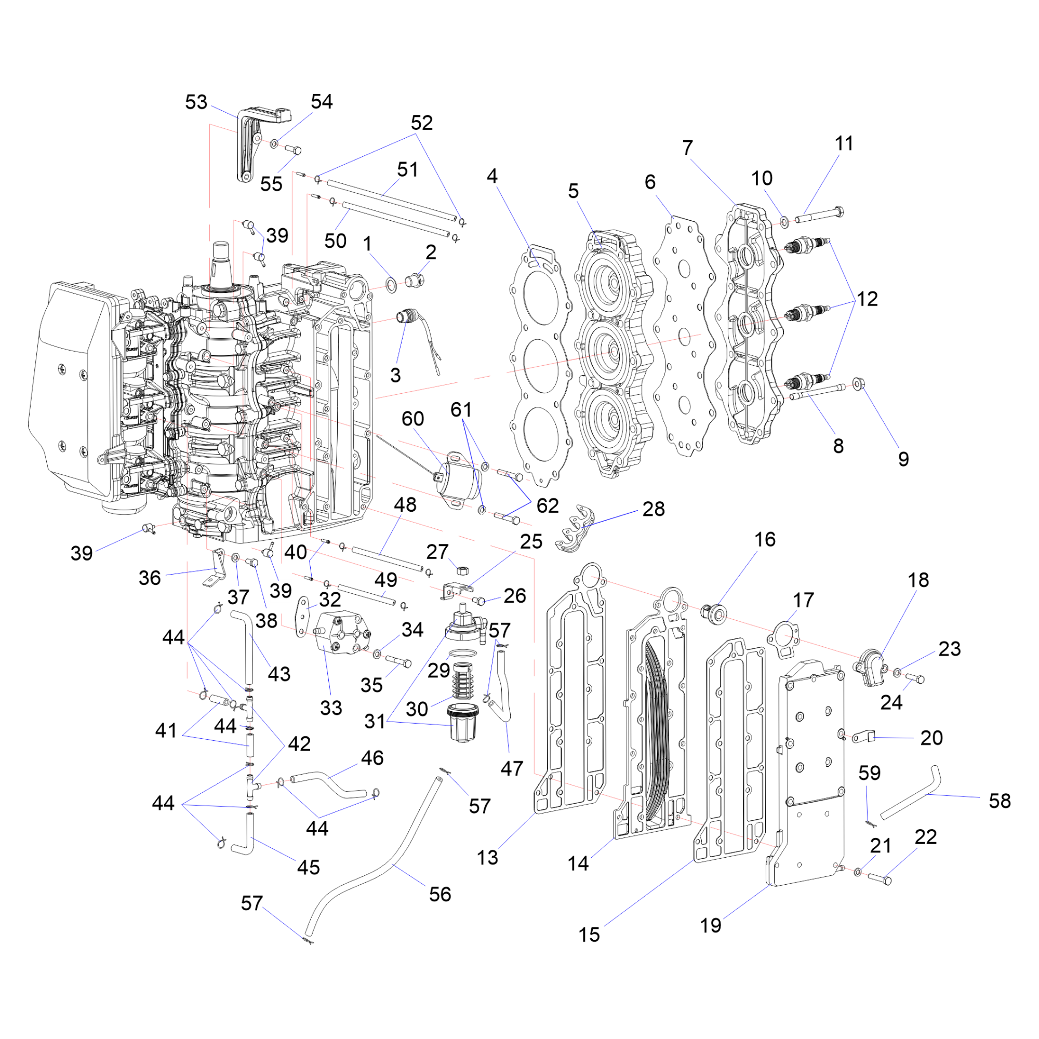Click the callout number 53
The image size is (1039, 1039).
point(196,102)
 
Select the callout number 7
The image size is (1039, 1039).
point(687,148)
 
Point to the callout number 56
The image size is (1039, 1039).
point(440,895)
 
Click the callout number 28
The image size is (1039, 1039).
point(654,509)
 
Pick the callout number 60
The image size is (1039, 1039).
point(412,418)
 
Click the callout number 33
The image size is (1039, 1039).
point(331,708)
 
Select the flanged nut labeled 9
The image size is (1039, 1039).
point(858,384)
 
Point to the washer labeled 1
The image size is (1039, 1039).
point(392,284)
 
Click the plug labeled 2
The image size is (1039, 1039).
point(416,279)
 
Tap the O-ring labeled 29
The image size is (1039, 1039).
point(462,653)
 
